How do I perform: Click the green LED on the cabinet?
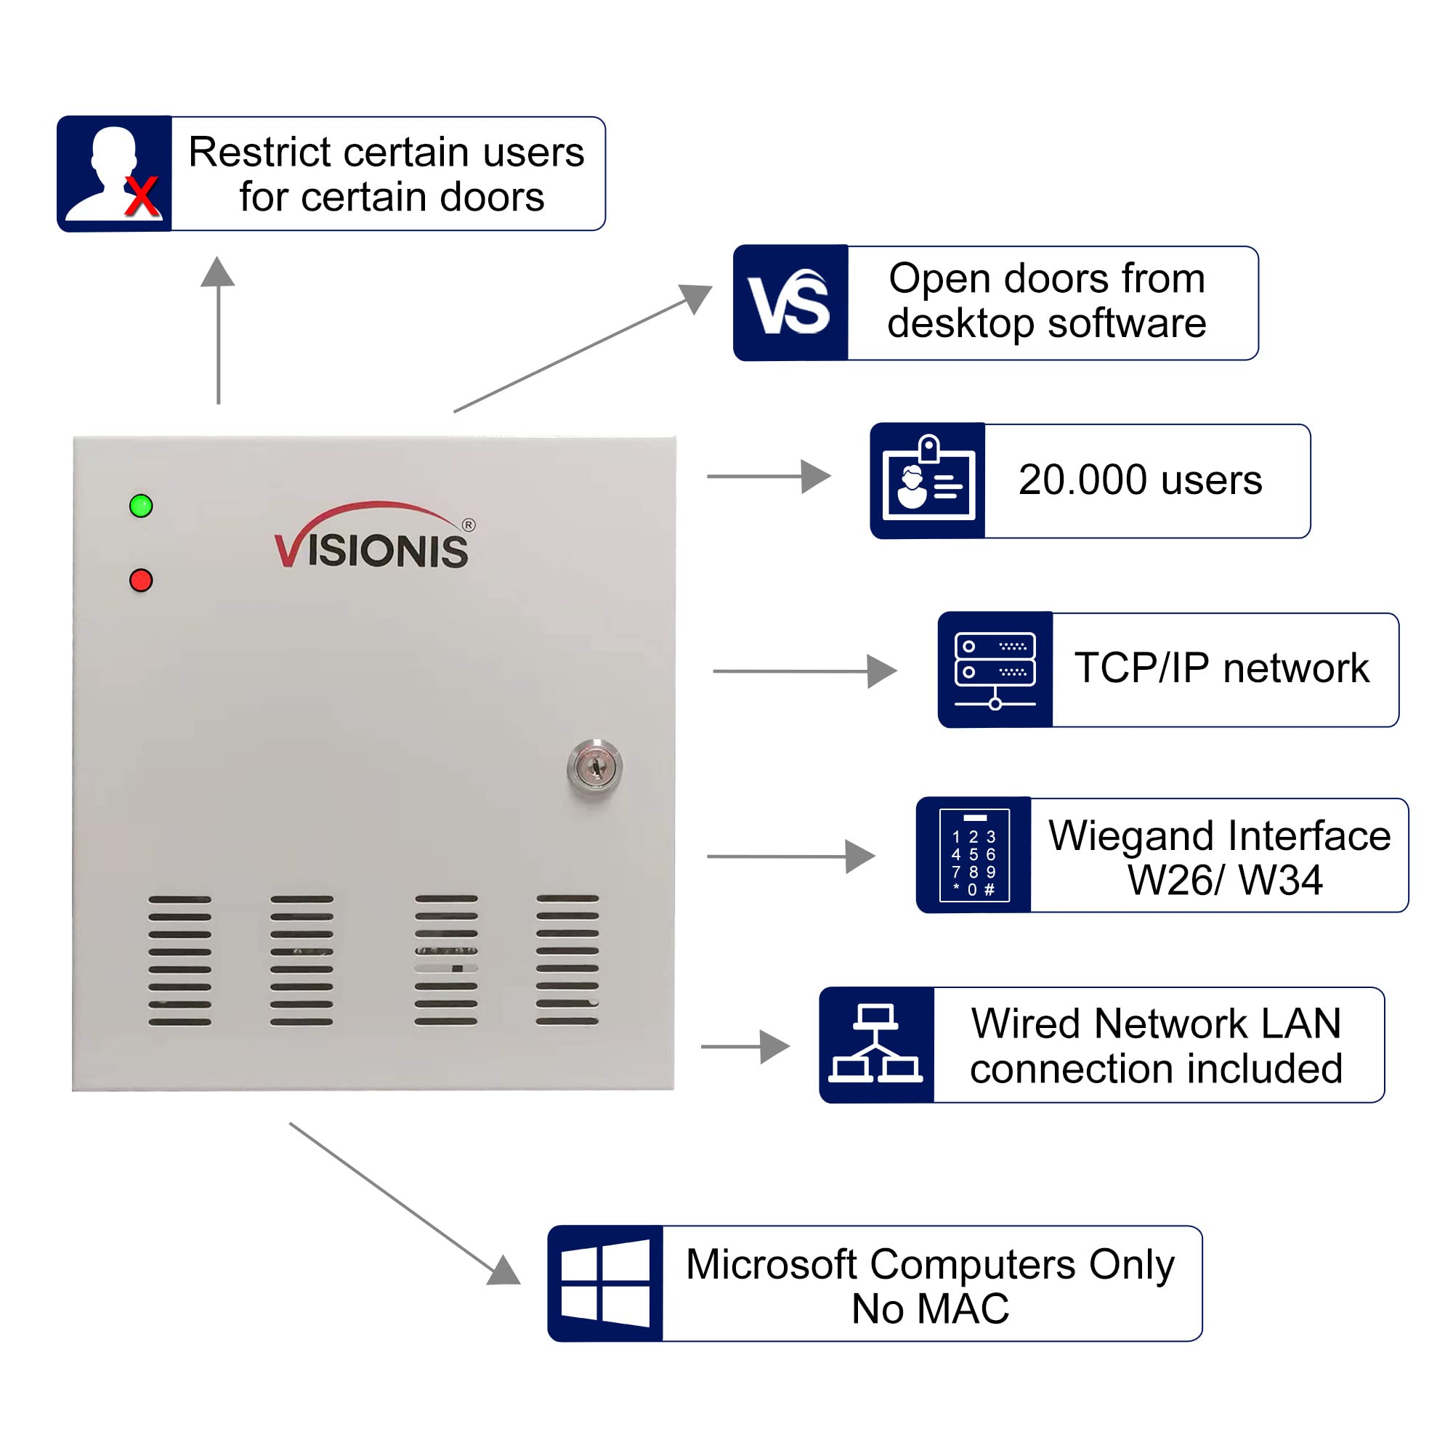(141, 506)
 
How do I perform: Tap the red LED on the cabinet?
(141, 580)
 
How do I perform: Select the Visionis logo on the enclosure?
(373, 538)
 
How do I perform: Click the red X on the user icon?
(142, 197)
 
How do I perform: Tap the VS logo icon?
(790, 303)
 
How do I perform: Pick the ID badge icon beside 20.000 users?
(928, 480)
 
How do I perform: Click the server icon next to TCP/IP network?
(995, 669)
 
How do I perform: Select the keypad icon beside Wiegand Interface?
(974, 855)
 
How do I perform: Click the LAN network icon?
(876, 1045)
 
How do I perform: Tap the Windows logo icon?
(605, 1283)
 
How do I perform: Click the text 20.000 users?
(1140, 479)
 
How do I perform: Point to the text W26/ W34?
(1224, 880)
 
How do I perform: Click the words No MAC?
(931, 1308)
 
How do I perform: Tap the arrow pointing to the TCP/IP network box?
(805, 671)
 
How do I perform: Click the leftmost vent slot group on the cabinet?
(179, 960)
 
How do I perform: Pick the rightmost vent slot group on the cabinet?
(567, 960)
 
